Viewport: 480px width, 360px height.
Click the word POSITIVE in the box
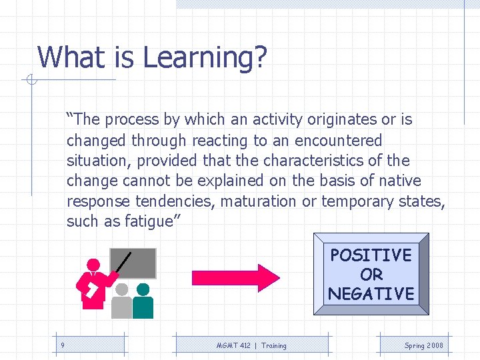click(371, 255)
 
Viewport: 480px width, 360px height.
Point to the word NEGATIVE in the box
click(371, 293)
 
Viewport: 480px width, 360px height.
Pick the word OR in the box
click(371, 274)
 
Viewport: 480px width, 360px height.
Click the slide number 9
click(62, 345)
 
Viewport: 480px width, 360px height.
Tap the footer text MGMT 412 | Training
click(251, 345)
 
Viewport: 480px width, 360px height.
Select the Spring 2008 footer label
click(423, 345)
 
